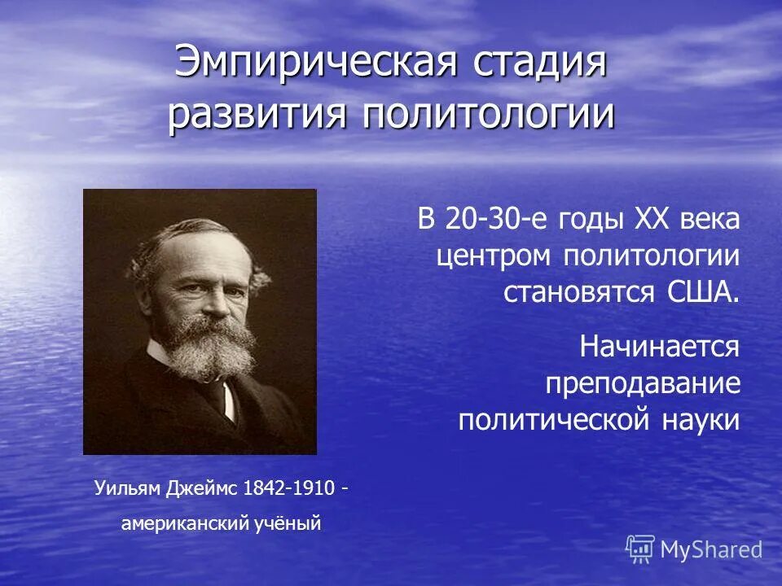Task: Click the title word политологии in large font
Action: [488, 114]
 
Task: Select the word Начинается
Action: [660, 347]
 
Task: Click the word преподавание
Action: [643, 383]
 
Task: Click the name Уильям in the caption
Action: [127, 488]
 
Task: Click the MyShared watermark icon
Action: [640, 549]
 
